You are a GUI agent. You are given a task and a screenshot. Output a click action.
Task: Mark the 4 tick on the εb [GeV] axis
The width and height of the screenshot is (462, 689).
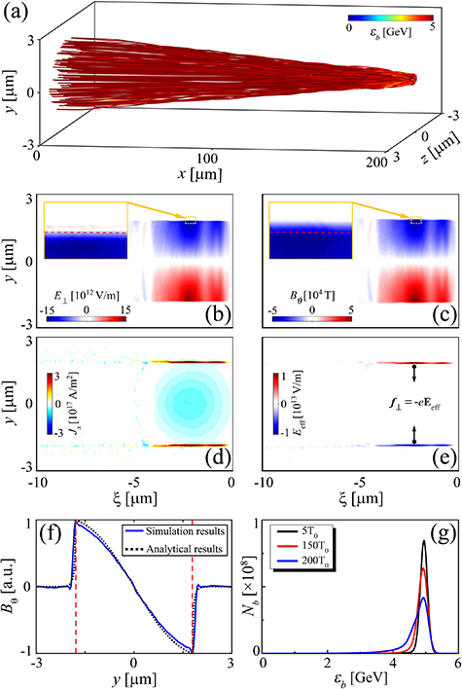pyautogui.click(x=392, y=662)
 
